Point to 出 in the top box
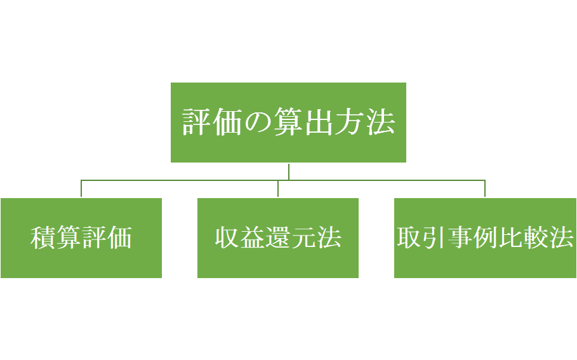(319, 123)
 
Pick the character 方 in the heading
(349, 123)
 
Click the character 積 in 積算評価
(43, 238)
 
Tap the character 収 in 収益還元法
(227, 238)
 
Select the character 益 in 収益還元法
(252, 238)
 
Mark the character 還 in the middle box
(277, 238)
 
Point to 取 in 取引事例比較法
(409, 238)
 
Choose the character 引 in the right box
(434, 238)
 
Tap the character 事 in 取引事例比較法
(460, 238)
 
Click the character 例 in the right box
(485, 238)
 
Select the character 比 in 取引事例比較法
(510, 238)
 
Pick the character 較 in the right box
(536, 238)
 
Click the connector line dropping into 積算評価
(81, 189)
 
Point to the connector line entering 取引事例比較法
(485, 189)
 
